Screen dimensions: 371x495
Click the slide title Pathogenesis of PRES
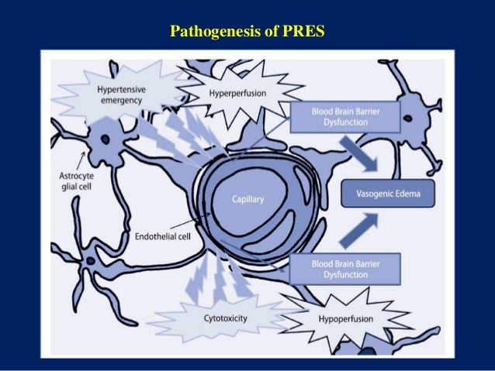pos(248,33)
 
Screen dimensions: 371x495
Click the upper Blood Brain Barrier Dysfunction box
pos(344,117)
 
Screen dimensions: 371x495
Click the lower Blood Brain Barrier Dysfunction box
pos(344,269)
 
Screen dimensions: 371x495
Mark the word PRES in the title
pos(306,33)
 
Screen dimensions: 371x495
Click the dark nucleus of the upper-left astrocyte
pos(102,140)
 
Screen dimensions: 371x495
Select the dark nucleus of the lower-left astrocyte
pos(92,260)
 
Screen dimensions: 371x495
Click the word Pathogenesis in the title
pos(214,33)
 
